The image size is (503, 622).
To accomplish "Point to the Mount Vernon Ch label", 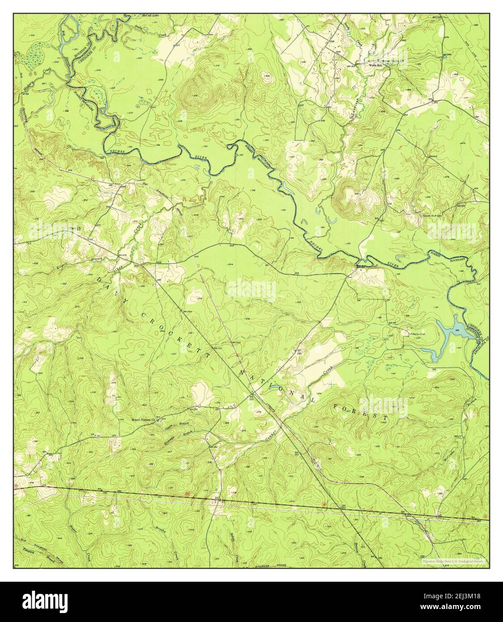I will click(x=143, y=420).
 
